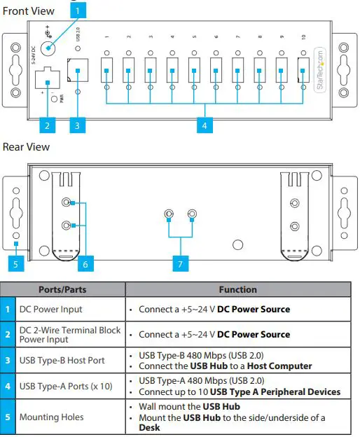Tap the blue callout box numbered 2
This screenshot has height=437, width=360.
tap(47, 126)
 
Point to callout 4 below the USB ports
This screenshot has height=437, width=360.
tap(205, 126)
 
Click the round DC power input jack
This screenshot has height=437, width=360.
tap(49, 48)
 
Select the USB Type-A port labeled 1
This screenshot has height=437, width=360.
tap(106, 69)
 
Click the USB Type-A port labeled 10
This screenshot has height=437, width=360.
tap(303, 69)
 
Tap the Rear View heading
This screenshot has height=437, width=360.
tap(27, 147)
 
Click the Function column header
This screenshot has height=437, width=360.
tap(238, 289)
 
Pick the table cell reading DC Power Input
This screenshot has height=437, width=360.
tap(50, 309)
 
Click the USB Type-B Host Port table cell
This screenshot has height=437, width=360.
tap(62, 360)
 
